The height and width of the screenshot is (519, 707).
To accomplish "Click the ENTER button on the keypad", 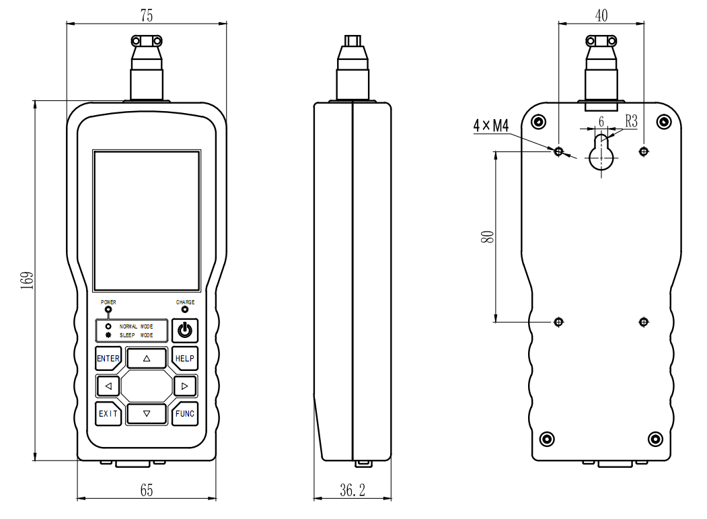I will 108,359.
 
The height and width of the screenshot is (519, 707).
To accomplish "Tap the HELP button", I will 185,359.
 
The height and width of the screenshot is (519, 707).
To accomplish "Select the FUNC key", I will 185,413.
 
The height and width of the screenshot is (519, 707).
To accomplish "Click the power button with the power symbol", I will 185,331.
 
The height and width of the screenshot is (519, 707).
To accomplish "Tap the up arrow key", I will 146,359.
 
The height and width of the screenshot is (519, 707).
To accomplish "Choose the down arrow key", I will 146,413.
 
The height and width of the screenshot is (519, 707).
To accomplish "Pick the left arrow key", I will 108,386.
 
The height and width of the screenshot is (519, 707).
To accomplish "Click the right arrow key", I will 185,386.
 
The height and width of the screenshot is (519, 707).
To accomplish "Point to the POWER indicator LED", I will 108,310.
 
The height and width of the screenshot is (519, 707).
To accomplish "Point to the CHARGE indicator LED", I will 185,310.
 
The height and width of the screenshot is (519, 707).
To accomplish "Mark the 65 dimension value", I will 146,491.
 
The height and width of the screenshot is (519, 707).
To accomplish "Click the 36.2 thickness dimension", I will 352,491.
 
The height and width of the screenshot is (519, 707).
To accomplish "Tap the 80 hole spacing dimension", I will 488,236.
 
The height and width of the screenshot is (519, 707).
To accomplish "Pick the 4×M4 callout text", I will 491,125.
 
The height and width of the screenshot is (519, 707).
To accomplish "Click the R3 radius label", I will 631,121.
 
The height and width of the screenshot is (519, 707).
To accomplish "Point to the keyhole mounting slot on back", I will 601,153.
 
